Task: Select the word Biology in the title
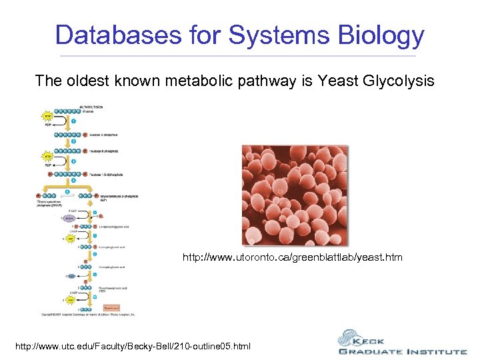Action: click(379, 35)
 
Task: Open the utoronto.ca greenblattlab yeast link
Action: click(293, 257)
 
